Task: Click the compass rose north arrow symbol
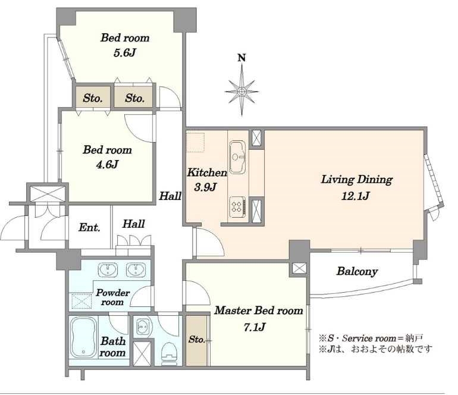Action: click(x=241, y=90)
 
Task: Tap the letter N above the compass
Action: click(x=241, y=58)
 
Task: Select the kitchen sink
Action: click(x=237, y=157)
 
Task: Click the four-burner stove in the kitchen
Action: click(x=237, y=206)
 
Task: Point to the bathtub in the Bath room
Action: click(x=84, y=337)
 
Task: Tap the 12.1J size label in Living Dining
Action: click(x=355, y=196)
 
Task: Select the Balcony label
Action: click(x=357, y=271)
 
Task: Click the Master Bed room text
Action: click(x=259, y=311)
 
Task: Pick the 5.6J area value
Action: click(x=125, y=53)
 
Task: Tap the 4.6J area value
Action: click(x=107, y=165)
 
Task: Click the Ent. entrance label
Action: click(x=89, y=227)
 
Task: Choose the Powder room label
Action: click(x=113, y=297)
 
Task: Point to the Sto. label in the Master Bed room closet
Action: click(x=196, y=339)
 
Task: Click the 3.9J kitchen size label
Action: click(x=205, y=187)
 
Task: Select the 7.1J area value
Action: click(x=255, y=327)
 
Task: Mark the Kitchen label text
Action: click(x=207, y=173)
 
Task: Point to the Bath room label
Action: click(x=113, y=347)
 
